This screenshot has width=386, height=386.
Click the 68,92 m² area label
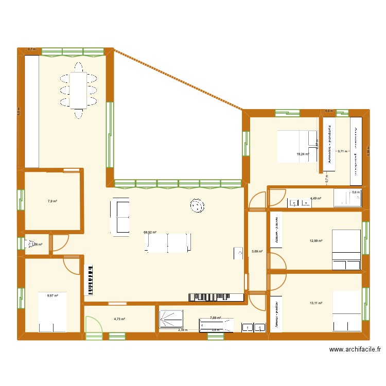click(x=150, y=232)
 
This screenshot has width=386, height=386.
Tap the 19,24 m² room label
click(x=303, y=154)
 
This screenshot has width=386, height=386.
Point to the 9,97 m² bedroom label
click(x=52, y=295)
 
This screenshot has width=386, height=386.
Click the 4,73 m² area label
click(x=119, y=319)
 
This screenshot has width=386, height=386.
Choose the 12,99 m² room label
click(x=315, y=240)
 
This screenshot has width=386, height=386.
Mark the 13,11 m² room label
click(x=315, y=303)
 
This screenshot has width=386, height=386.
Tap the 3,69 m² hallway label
click(x=257, y=252)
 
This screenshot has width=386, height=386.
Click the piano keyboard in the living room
click(x=89, y=280)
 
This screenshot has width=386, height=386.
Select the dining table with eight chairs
click(x=78, y=90)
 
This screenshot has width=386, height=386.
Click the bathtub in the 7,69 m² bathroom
click(x=216, y=325)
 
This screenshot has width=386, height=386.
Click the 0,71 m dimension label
click(x=342, y=151)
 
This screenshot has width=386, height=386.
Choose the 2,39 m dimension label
click(x=183, y=330)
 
